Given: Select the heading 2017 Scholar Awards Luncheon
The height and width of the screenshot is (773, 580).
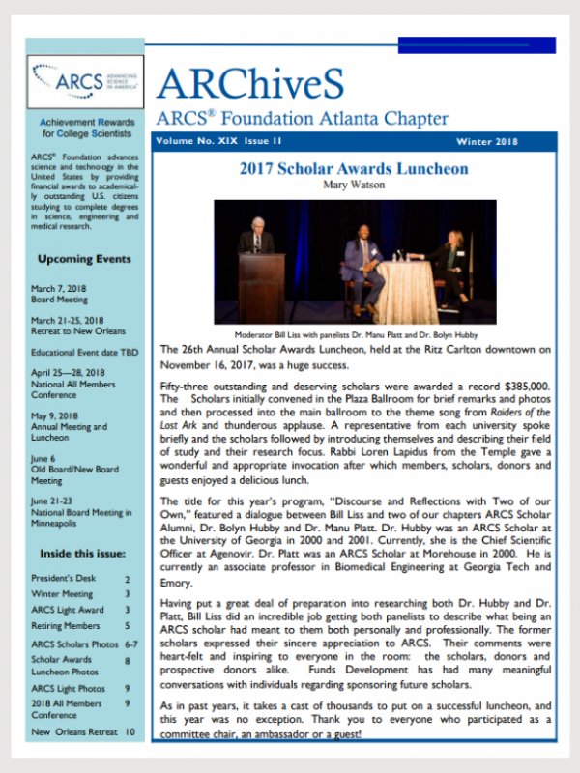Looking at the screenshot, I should [354, 168].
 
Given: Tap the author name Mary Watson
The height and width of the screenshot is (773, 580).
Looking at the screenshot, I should [353, 185].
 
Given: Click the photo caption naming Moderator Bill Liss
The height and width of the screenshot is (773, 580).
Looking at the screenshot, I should [353, 331].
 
